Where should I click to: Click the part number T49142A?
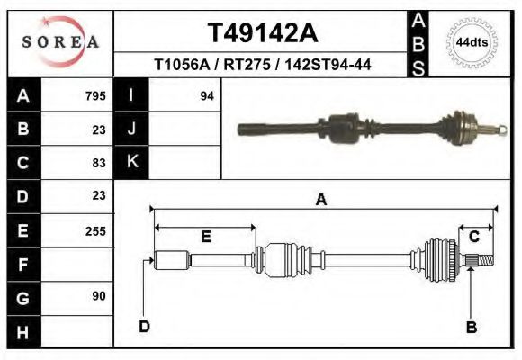pyautogui.click(x=262, y=33)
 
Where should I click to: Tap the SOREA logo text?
pyautogui.click(x=60, y=42)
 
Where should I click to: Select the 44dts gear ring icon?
pyautogui.click(x=472, y=42)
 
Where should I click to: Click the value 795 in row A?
pyautogui.click(x=95, y=95)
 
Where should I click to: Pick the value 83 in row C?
pyautogui.click(x=99, y=163)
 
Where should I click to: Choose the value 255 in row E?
pyautogui.click(x=95, y=230)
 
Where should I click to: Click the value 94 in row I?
pyautogui.click(x=207, y=95)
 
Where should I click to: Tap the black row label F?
pyautogui.click(x=22, y=265)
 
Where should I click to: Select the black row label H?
pyautogui.click(x=22, y=332)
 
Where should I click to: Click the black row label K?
pyautogui.click(x=131, y=163)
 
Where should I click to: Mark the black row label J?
pyautogui.click(x=131, y=130)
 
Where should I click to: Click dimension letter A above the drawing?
pyautogui.click(x=320, y=201)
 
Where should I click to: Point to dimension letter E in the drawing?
pyautogui.click(x=205, y=238)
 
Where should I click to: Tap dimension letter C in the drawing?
pyautogui.click(x=473, y=237)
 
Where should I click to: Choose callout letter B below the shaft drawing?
pyautogui.click(x=471, y=328)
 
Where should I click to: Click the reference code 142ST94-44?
pyautogui.click(x=328, y=66)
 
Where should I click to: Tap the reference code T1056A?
pyautogui.click(x=182, y=66)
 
